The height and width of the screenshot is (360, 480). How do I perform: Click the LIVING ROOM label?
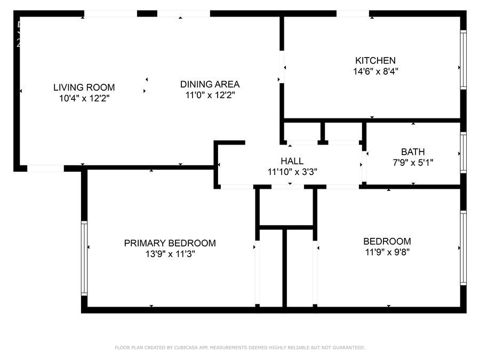point(84,87)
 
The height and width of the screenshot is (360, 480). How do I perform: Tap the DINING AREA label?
point(210,84)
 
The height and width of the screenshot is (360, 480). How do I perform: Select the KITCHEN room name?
point(375,60)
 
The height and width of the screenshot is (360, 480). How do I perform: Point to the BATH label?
point(413,152)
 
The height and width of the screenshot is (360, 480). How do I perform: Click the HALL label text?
point(292,161)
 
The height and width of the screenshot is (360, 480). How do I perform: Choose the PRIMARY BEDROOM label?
point(170,243)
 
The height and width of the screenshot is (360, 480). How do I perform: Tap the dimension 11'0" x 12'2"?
point(210,95)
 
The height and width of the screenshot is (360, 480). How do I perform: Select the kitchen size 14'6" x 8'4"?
point(375,70)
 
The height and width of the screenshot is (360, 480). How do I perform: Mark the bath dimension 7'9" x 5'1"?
point(413,163)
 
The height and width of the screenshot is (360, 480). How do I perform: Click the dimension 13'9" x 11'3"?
point(170,254)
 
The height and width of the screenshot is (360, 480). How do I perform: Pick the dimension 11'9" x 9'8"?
point(387,252)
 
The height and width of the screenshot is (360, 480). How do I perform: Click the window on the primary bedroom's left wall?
point(84,258)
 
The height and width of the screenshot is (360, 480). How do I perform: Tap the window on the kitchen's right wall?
point(463,59)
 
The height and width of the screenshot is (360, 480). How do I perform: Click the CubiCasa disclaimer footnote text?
point(240,348)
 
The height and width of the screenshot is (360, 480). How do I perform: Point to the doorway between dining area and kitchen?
point(281,67)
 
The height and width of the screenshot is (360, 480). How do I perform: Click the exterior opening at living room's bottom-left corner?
point(45,169)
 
